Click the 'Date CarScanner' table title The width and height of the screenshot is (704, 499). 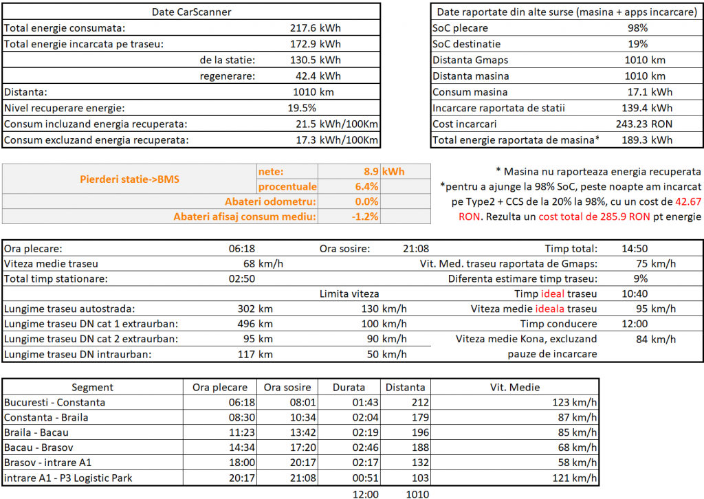(191, 12)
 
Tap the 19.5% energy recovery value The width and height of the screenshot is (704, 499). (302, 107)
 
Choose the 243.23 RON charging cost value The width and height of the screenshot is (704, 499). (645, 124)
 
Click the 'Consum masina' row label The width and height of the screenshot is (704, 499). (470, 92)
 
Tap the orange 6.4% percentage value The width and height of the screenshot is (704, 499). (366, 187)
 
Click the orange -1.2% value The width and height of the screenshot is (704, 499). (366, 217)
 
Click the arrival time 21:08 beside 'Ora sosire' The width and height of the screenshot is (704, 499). (418, 249)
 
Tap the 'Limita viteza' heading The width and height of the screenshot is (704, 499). (349, 294)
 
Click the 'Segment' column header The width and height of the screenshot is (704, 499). (93, 388)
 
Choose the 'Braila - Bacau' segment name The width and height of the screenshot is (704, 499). (36, 432)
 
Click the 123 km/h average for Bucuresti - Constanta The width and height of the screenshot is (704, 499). (575, 403)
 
